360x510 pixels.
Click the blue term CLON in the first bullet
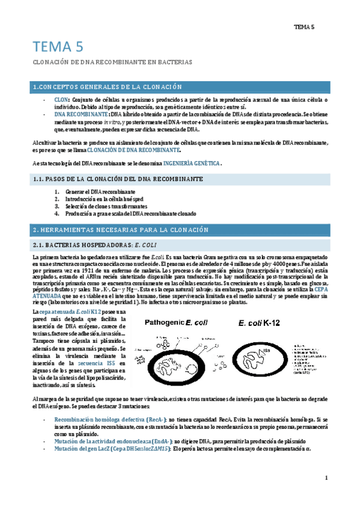coord(61,99)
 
